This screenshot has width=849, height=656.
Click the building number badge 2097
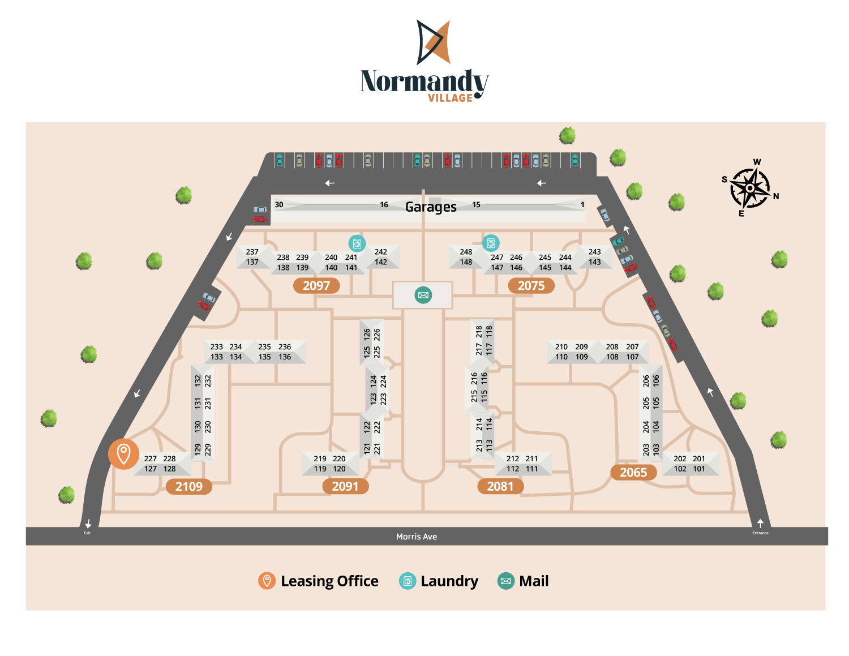pyautogui.click(x=316, y=286)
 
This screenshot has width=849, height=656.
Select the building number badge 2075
pyautogui.click(x=531, y=286)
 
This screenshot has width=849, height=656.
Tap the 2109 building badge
pyautogui.click(x=188, y=487)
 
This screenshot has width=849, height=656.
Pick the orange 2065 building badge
pyautogui.click(x=633, y=473)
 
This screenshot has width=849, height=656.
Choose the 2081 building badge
pyautogui.click(x=500, y=486)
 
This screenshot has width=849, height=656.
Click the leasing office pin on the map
pyautogui.click(x=123, y=453)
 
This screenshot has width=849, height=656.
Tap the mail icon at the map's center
pyautogui.click(x=423, y=295)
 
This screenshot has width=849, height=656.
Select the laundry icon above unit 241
pyautogui.click(x=357, y=243)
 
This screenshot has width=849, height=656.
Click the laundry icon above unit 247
pyautogui.click(x=491, y=243)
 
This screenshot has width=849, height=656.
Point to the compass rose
pyautogui.click(x=750, y=188)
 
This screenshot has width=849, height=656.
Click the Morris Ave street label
pyautogui.click(x=416, y=537)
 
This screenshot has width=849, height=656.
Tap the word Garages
pyautogui.click(x=431, y=207)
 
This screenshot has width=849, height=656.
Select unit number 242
pyautogui.click(x=381, y=252)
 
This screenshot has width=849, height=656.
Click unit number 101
pyautogui.click(x=699, y=469)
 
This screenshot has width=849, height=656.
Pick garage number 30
pyautogui.click(x=279, y=205)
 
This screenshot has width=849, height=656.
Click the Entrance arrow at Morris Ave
pyautogui.click(x=760, y=524)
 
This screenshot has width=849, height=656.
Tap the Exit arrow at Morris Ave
pyautogui.click(x=88, y=524)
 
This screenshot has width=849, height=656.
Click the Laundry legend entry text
pyautogui.click(x=449, y=581)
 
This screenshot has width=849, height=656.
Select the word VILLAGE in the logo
pyautogui.click(x=450, y=98)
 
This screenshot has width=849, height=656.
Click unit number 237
pyautogui.click(x=252, y=252)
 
